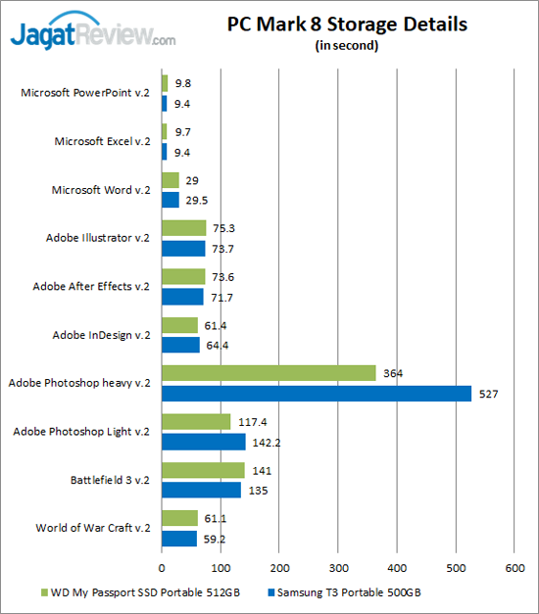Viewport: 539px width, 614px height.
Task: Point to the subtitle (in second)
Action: click(347, 45)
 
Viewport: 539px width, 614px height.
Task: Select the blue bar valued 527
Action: click(316, 393)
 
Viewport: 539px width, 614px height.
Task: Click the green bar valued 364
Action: click(269, 373)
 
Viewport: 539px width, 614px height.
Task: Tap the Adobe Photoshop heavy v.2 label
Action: click(79, 383)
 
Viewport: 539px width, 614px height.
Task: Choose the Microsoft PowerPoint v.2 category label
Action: click(86, 93)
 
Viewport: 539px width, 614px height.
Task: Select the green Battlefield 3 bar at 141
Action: click(203, 470)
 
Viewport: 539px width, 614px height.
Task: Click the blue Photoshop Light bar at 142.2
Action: click(203, 441)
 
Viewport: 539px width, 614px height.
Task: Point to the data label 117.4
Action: click(253, 422)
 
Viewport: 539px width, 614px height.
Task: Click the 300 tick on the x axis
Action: click(338, 567)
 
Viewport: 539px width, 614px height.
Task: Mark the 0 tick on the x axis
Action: click(162, 567)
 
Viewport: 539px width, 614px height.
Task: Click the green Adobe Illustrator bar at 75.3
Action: click(183, 228)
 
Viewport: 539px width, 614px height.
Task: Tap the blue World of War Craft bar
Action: click(178, 538)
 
